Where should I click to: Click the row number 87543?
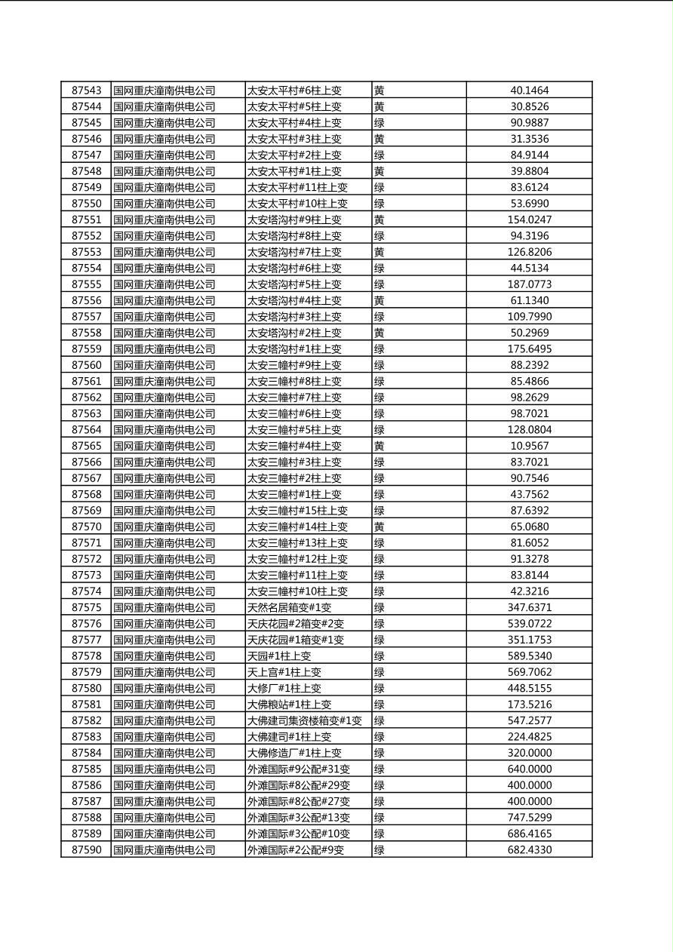pos(86,91)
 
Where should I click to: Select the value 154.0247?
pos(529,220)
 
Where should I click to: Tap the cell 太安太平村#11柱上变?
pos(297,187)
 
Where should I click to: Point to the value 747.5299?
pos(529,818)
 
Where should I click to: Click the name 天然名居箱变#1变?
pos(289,607)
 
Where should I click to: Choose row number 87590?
pos(86,850)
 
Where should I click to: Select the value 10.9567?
pos(529,446)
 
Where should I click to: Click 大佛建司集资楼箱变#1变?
pos(305,720)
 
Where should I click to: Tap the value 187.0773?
pos(529,284)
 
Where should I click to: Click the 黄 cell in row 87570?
pos(380,527)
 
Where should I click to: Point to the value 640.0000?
pos(529,769)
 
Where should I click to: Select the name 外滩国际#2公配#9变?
pos(296,850)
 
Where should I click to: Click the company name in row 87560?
pos(164,365)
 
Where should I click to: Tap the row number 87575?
pos(86,607)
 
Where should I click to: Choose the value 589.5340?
pos(529,656)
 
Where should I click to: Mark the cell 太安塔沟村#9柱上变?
pos(294,220)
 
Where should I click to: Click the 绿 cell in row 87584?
pos(380,753)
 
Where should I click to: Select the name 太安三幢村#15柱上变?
pos(297,511)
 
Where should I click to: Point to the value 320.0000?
pos(529,753)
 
